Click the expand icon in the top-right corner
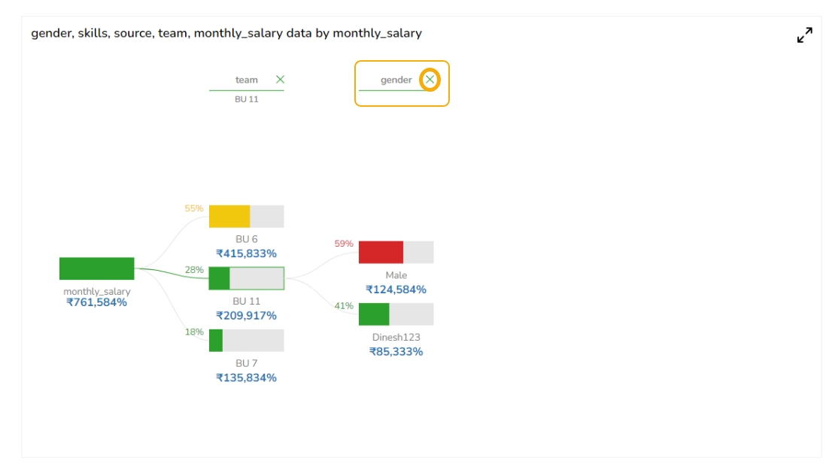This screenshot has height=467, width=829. point(804,35)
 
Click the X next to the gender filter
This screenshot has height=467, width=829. point(430,80)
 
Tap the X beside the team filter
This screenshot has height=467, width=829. point(280,80)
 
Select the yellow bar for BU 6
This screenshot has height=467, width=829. point(229,216)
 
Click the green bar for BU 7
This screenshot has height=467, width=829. point(216,340)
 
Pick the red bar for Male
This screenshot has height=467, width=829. point(381,252)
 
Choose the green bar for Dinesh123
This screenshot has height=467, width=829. point(374,314)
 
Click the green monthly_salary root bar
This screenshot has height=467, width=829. point(96,268)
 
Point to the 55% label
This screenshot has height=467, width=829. point(194,208)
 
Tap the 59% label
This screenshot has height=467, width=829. point(344,244)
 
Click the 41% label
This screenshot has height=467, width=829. point(344,306)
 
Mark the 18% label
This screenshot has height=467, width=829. point(194,332)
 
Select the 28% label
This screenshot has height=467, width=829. point(194,270)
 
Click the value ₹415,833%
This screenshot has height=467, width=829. point(246,254)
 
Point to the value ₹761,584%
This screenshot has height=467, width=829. point(96,302)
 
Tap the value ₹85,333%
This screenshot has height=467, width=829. point(396,351)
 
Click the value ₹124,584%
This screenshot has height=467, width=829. point(396,290)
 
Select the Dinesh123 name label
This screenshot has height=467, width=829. point(396,338)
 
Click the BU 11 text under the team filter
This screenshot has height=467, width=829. point(246,99)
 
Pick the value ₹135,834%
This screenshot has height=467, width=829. point(246,378)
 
